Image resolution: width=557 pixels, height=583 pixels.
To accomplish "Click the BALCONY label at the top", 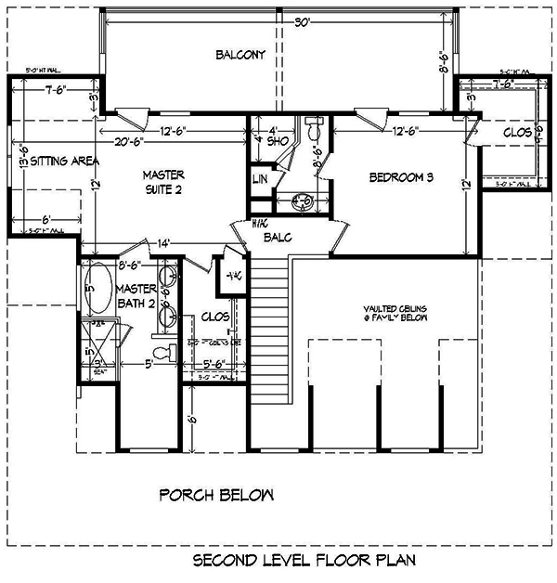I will [x=240, y=55].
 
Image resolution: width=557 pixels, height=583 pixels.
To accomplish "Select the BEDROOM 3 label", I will [x=402, y=177].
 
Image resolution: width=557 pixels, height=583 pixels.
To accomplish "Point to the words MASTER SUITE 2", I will [x=162, y=183].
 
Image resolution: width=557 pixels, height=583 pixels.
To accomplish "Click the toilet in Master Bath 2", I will [x=164, y=350].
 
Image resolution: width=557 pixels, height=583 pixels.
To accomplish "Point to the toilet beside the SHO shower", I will [x=312, y=126].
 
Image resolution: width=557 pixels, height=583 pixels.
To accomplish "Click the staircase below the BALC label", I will [x=270, y=316].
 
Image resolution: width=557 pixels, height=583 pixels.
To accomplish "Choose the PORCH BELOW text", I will [x=216, y=495].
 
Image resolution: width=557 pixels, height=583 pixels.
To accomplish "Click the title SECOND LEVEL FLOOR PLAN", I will [x=304, y=561].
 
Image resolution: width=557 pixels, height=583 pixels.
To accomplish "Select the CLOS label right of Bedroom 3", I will [x=516, y=133].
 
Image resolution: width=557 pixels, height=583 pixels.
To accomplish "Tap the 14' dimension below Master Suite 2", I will [x=163, y=243].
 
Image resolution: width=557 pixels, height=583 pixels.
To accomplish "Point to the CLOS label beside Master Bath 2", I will [x=215, y=317].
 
